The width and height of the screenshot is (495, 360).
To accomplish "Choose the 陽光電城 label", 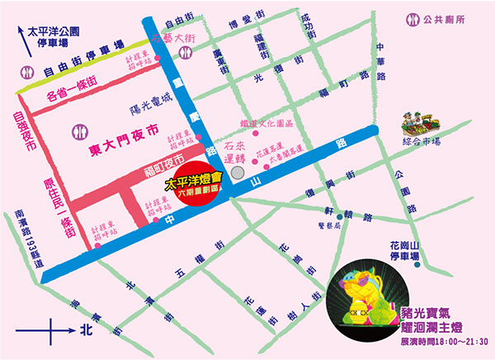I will tap(150, 100).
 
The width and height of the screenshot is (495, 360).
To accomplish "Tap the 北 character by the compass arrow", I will tap(81, 337).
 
